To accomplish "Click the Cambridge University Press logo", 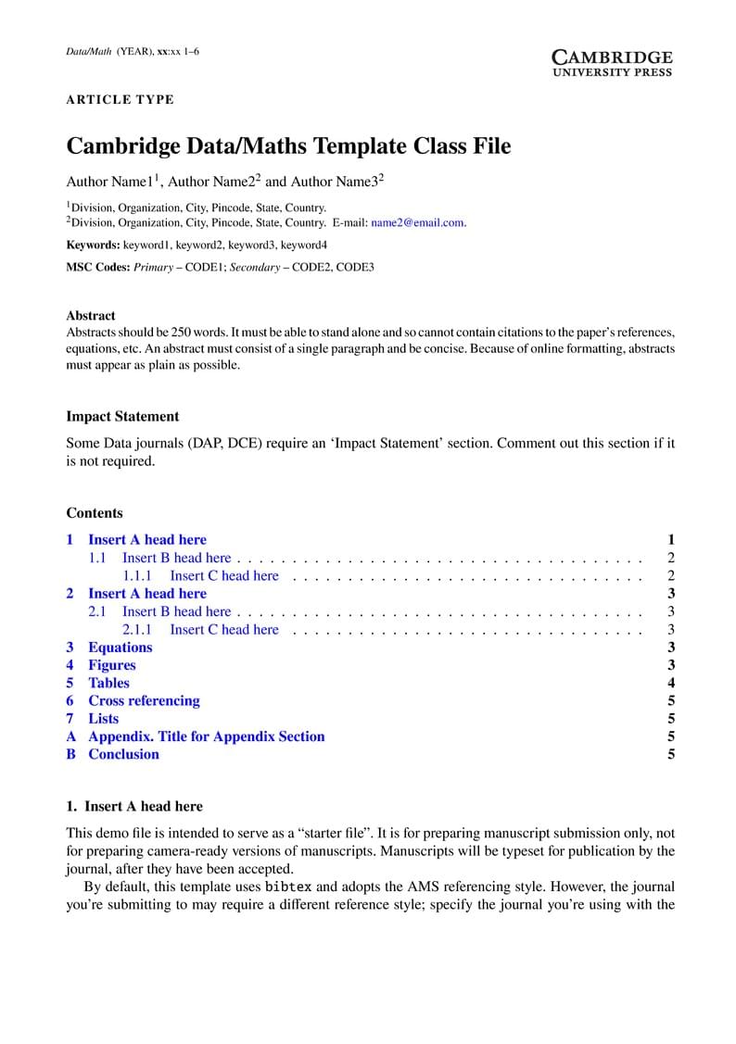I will pyautogui.click(x=611, y=62).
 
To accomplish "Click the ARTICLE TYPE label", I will pyautogui.click(x=120, y=100).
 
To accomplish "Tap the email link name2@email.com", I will pyautogui.click(x=417, y=222).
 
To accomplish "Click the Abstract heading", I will pyautogui.click(x=91, y=315).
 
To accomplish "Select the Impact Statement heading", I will pyautogui.click(x=122, y=416).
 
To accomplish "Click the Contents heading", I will pyautogui.click(x=95, y=512).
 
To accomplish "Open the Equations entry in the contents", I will pyautogui.click(x=120, y=647).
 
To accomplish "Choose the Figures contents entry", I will pyautogui.click(x=111, y=664).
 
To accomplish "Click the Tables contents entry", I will pyautogui.click(x=108, y=683).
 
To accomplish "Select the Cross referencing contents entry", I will pyautogui.click(x=144, y=700).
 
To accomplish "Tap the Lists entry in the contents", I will pyautogui.click(x=103, y=718).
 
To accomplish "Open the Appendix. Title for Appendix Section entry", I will pyautogui.click(x=206, y=736).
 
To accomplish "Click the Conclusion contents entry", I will pyautogui.click(x=123, y=754).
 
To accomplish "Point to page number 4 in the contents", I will pyautogui.click(x=670, y=683).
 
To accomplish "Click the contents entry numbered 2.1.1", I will pyautogui.click(x=223, y=629).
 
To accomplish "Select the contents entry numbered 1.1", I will pyautogui.click(x=176, y=558).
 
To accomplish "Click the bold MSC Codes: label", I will pyautogui.click(x=98, y=267).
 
